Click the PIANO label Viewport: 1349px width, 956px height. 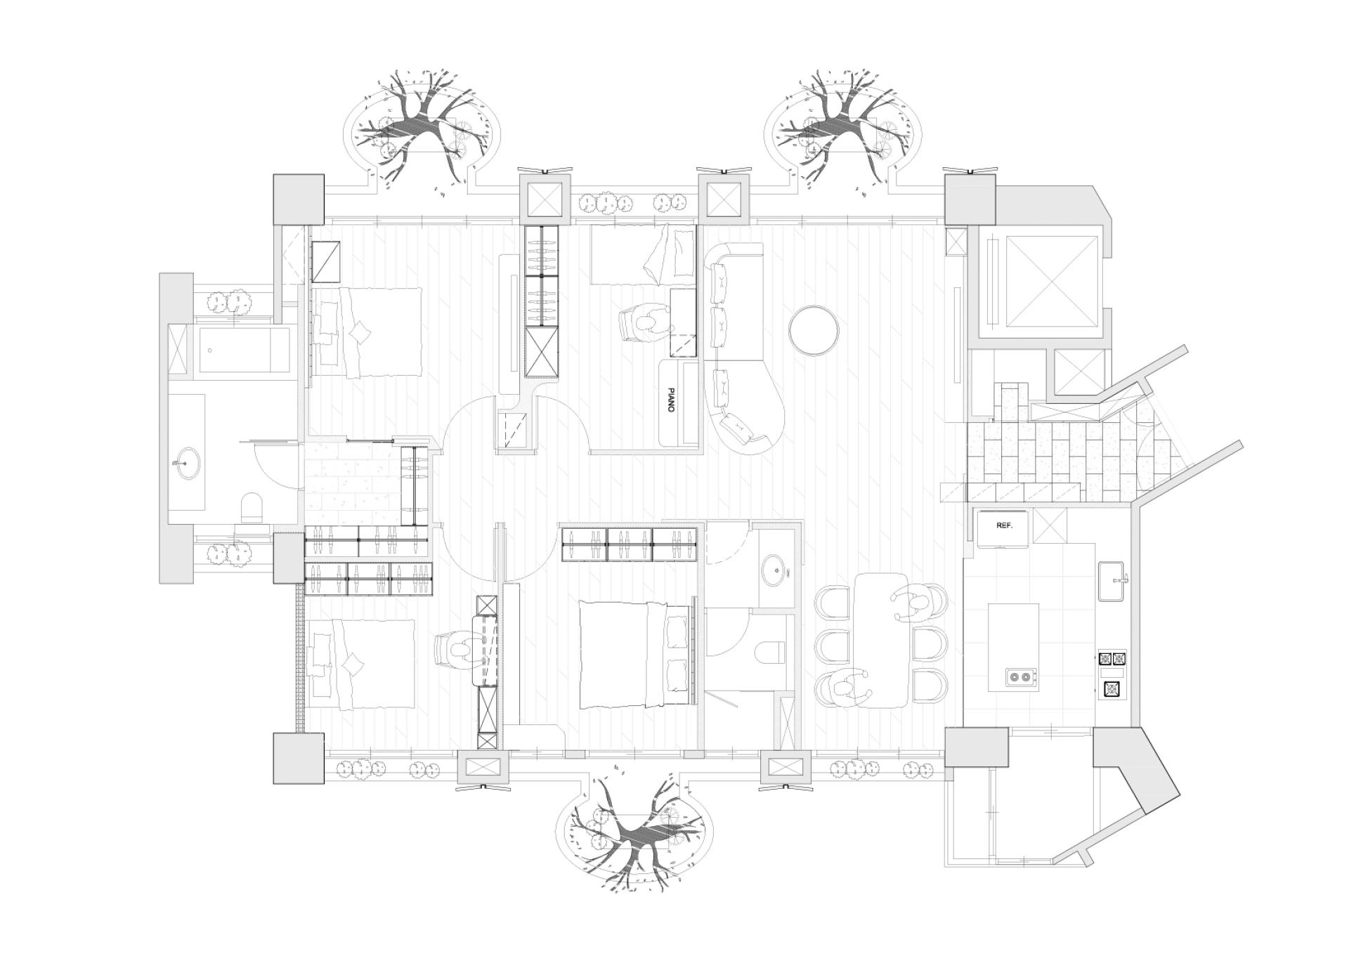click(x=671, y=399)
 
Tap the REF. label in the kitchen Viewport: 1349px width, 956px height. click(x=1004, y=525)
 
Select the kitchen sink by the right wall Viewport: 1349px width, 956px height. click(x=1113, y=581)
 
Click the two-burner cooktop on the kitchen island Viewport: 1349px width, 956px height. click(x=1022, y=677)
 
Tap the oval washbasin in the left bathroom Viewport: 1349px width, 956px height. click(x=188, y=464)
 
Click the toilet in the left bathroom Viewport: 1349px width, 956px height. click(x=252, y=508)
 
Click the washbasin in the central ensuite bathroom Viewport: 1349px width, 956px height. click(x=774, y=570)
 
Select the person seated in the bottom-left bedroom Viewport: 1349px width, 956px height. click(x=458, y=650)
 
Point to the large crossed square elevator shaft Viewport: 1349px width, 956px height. click(x=1051, y=281)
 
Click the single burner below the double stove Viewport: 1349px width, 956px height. click(x=1112, y=689)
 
